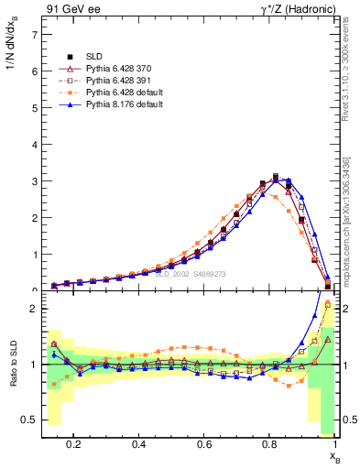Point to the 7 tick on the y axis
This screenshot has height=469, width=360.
(34, 34)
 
